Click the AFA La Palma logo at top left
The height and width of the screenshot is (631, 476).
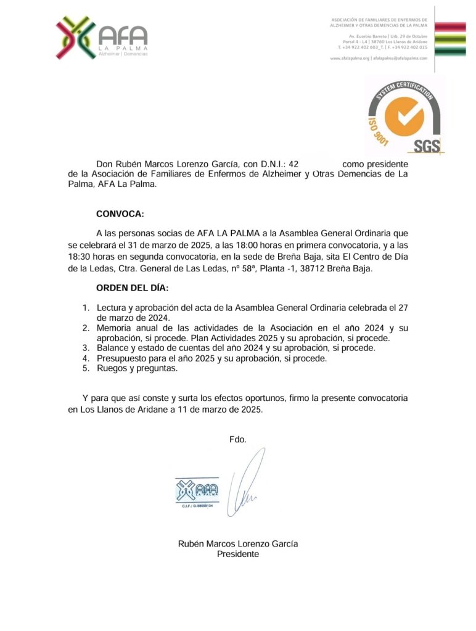(102, 38)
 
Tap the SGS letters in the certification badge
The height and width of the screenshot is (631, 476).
(427, 146)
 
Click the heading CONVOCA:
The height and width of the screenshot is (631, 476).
(120, 214)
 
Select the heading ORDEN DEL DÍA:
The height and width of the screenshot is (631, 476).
(132, 287)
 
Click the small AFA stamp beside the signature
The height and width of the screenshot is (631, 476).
(196, 492)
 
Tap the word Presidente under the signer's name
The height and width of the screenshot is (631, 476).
(237, 554)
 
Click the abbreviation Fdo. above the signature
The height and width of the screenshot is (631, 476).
(237, 439)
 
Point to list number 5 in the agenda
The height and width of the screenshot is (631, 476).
(86, 368)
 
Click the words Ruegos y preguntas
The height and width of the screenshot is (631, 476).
(137, 368)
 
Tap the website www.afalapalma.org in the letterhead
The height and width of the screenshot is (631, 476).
(350, 57)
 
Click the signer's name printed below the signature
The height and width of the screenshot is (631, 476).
(237, 544)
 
